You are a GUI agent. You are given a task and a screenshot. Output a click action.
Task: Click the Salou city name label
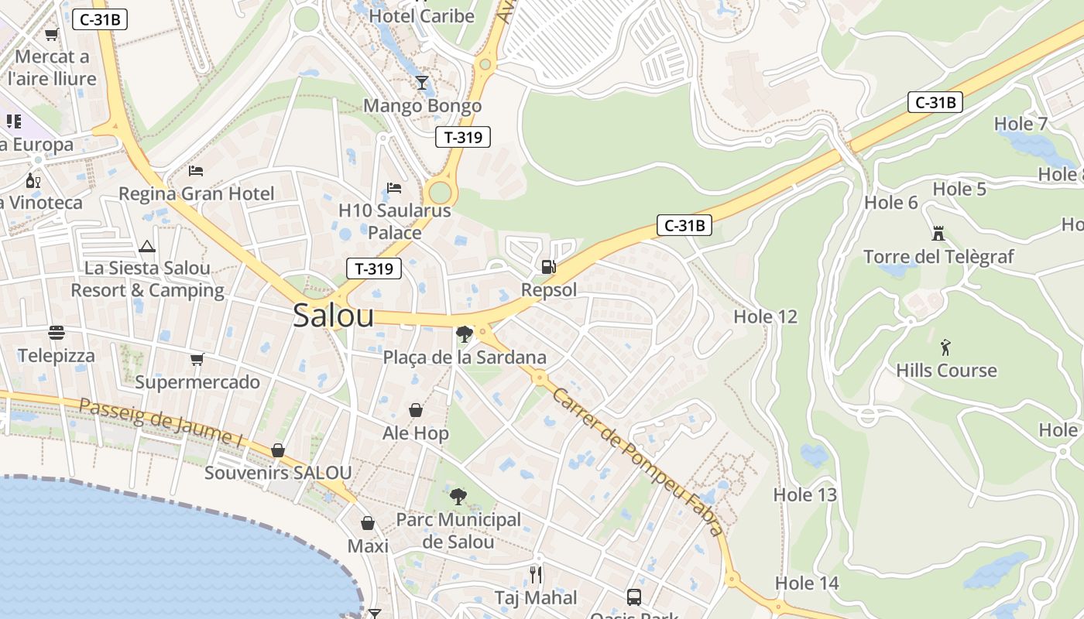(333, 316)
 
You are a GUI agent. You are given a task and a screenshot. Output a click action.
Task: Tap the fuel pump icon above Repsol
(548, 267)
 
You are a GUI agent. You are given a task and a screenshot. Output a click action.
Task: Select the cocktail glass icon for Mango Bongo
(422, 83)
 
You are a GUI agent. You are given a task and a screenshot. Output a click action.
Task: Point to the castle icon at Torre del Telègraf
(938, 233)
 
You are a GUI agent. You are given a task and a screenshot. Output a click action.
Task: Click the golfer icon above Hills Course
(945, 347)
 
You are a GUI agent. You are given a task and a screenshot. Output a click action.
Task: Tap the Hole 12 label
(765, 316)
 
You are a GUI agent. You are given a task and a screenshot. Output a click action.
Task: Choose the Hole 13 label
(805, 494)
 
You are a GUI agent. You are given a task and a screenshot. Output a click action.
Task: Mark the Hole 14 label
(807, 583)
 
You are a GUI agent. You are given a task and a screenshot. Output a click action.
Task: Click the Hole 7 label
(1021, 124)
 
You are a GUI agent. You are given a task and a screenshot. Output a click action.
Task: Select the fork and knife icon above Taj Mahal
(536, 574)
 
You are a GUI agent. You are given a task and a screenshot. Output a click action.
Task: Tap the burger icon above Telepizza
(57, 333)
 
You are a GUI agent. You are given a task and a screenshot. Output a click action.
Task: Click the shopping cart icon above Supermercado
(197, 359)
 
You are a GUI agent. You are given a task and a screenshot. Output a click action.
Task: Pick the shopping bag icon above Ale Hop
(416, 410)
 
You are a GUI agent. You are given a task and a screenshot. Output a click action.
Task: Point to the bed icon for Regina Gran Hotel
(196, 170)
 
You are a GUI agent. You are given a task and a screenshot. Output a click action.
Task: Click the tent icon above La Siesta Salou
(147, 247)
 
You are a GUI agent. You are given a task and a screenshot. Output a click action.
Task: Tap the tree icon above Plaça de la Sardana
(465, 334)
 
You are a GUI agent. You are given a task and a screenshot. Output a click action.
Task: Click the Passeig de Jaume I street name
(161, 422)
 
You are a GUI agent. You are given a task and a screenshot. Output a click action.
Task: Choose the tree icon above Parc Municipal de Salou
(458, 496)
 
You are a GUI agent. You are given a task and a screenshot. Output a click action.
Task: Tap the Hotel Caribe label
(422, 15)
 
